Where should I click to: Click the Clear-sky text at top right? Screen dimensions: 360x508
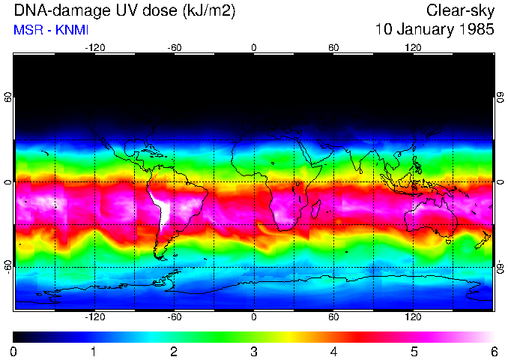[460, 11]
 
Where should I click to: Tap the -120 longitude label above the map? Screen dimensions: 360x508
[94, 47]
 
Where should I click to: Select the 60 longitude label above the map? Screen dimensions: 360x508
[333, 47]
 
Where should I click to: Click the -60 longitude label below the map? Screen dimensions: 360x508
[174, 317]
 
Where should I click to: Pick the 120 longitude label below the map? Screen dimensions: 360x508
[413, 317]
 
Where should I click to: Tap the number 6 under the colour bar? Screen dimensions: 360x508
[494, 351]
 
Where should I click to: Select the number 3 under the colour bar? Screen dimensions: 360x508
[254, 351]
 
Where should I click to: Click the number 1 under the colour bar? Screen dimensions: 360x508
[94, 351]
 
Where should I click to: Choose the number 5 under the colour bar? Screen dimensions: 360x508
[414, 351]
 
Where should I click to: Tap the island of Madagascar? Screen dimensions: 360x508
[317, 209]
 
